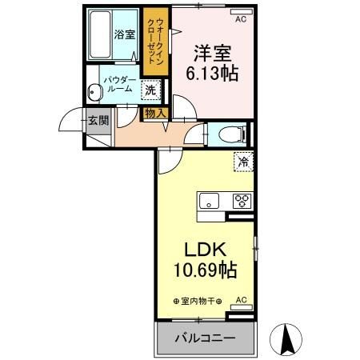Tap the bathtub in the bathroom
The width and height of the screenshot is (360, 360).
(x=99, y=36)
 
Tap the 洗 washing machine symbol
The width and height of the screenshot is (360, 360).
(x=150, y=90)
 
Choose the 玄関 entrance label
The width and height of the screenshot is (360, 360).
(x=98, y=122)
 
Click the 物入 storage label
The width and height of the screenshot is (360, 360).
(x=154, y=114)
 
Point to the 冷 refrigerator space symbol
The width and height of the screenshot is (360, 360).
(x=242, y=162)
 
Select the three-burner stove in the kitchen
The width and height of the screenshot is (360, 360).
(x=242, y=201)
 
